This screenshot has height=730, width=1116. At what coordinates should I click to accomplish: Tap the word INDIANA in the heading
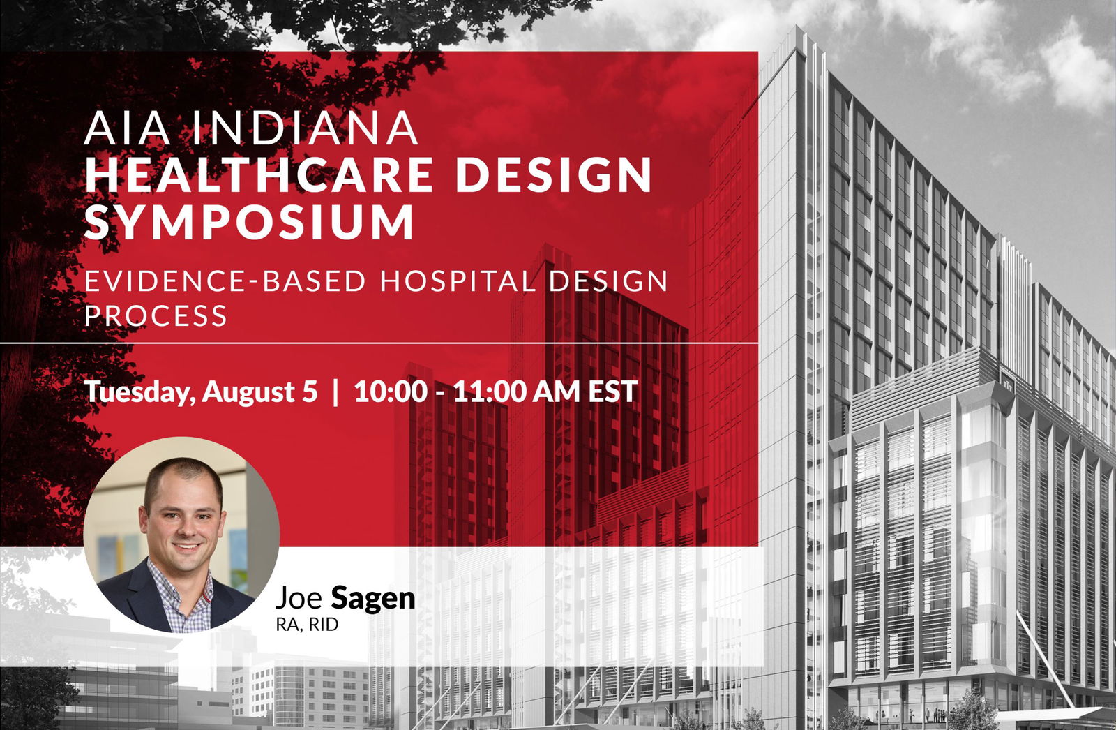305,128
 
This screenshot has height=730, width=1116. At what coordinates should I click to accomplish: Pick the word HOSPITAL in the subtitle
458,281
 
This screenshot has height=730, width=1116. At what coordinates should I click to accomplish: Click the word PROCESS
156,315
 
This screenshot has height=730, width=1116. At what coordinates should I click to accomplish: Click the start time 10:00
391,392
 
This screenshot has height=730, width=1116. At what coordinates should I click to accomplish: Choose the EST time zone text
613,392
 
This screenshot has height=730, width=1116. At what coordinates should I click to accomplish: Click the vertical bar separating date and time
335,392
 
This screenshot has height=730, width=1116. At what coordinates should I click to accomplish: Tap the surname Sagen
373,598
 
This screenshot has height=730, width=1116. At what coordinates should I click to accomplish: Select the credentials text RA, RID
308,625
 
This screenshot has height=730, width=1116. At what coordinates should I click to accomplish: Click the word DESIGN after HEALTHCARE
554,174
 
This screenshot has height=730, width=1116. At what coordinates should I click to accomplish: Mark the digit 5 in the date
310,392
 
